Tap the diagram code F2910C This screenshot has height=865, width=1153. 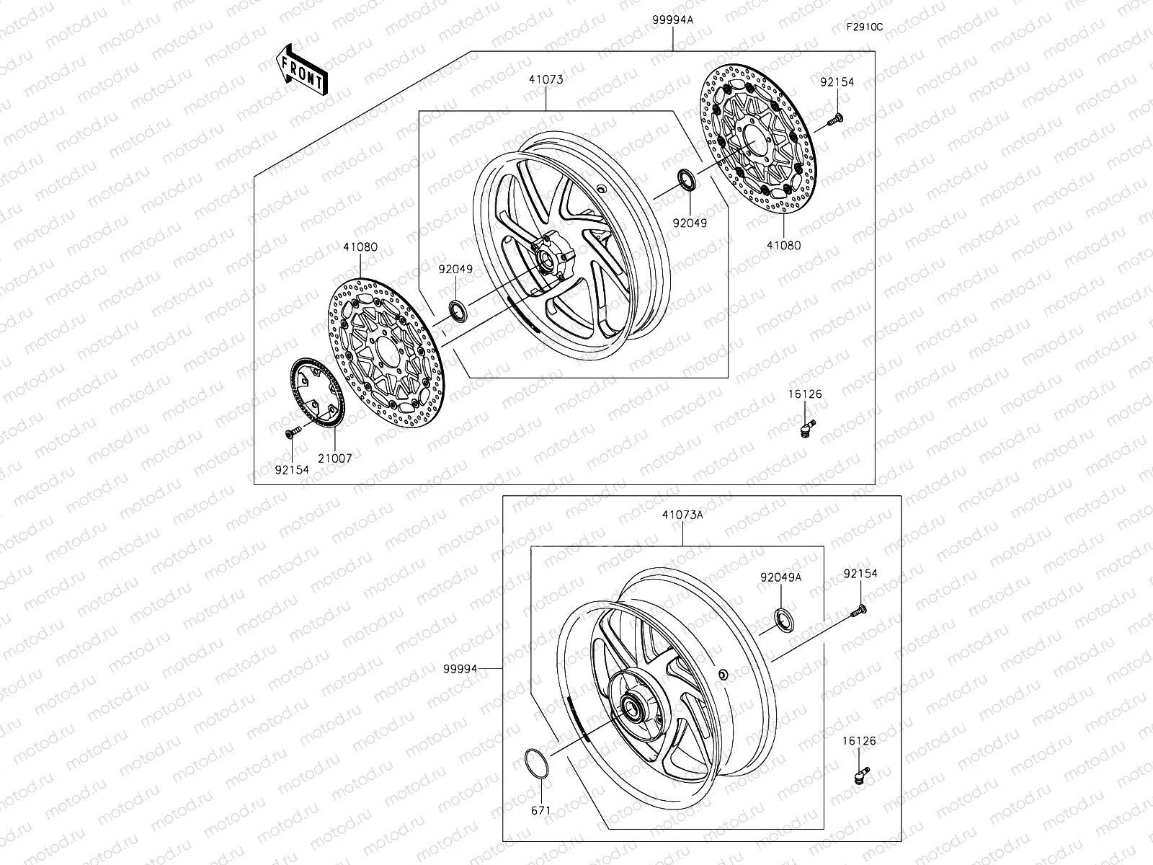(x=865, y=27)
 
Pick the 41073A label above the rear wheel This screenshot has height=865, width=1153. (x=681, y=515)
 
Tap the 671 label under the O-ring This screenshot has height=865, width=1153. (x=540, y=810)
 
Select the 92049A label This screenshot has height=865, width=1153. (x=781, y=577)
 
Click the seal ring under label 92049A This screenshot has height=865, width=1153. (x=784, y=619)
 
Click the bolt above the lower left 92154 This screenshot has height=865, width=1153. (x=292, y=432)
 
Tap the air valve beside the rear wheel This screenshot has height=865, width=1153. (x=861, y=773)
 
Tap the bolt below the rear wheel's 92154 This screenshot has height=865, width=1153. (x=859, y=610)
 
